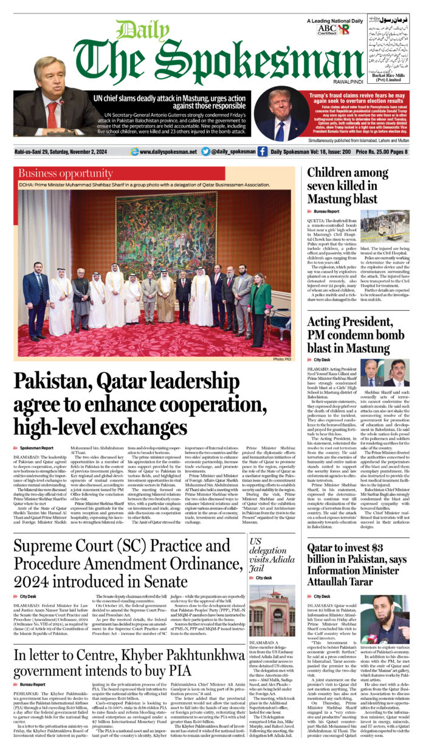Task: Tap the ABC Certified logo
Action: point(326,29)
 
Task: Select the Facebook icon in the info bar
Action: point(262,152)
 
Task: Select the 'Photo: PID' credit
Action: point(283,359)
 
